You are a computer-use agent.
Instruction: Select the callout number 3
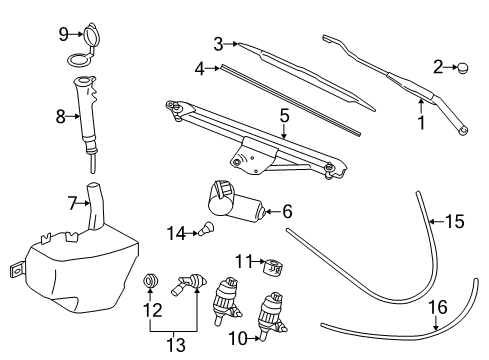pyautogui.click(x=218, y=43)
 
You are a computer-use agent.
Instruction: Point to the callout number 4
pyautogui.click(x=200, y=69)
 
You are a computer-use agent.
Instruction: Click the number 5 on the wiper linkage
pyautogui.click(x=284, y=117)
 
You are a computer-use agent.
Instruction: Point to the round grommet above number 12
pyautogui.click(x=150, y=281)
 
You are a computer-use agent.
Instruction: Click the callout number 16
pyautogui.click(x=436, y=307)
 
